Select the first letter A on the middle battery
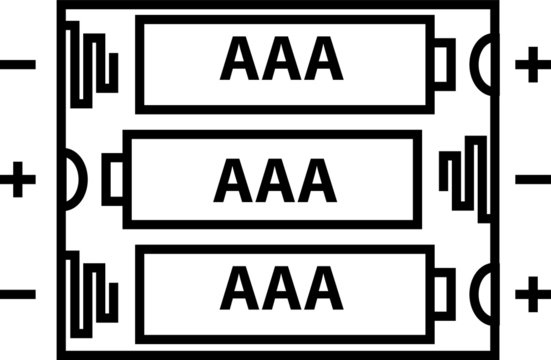231,181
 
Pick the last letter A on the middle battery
318,181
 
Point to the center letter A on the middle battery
275,181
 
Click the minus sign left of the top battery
18,66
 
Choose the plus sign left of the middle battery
18,181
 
